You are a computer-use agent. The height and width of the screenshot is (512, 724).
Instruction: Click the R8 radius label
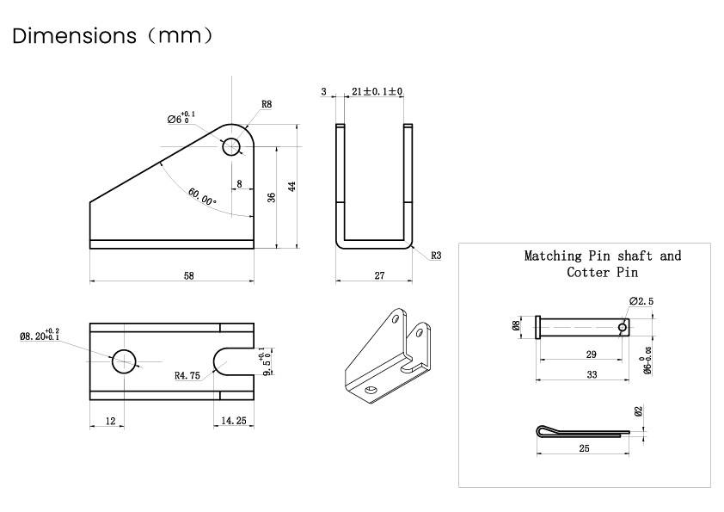(x=267, y=104)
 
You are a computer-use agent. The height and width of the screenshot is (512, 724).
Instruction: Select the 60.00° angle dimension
(x=203, y=196)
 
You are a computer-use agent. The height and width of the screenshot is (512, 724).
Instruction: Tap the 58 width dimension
(x=188, y=276)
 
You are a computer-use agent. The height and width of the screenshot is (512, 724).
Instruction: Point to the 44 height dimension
(x=292, y=186)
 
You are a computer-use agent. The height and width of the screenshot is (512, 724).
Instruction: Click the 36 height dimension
(x=272, y=197)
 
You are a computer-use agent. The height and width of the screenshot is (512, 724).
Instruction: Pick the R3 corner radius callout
(x=436, y=256)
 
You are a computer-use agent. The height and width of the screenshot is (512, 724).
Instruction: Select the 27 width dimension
(x=379, y=276)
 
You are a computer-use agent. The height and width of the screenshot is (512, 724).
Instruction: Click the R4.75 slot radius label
(x=188, y=375)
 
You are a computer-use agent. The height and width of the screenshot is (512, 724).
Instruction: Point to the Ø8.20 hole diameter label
(x=39, y=336)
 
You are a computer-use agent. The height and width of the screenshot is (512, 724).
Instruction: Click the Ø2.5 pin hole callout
(x=641, y=300)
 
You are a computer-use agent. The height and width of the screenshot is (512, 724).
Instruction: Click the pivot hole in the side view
(x=232, y=146)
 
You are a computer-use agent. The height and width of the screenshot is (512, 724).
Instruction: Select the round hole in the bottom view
(x=124, y=361)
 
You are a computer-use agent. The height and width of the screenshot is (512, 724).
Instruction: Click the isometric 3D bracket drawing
(x=386, y=354)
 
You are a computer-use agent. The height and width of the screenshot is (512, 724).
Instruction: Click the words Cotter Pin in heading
(x=602, y=272)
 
